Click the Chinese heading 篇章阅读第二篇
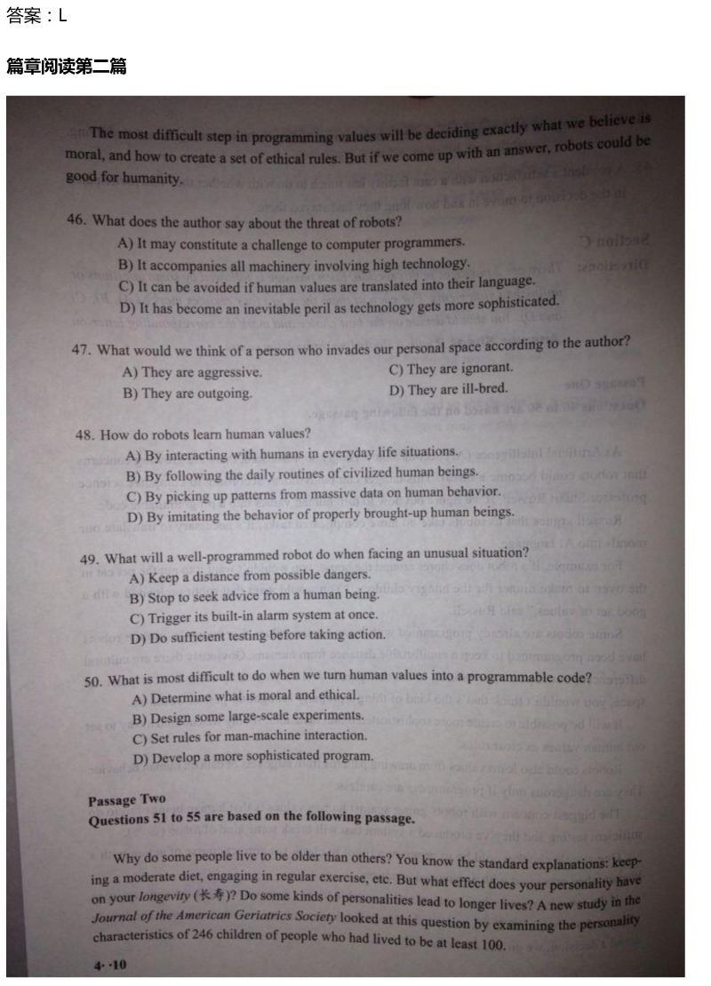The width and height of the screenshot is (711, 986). (x=66, y=67)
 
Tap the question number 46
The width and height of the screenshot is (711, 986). (x=77, y=220)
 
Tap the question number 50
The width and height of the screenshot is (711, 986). (x=93, y=681)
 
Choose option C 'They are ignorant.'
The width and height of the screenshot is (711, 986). (x=451, y=369)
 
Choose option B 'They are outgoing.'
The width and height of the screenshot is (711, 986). (x=188, y=394)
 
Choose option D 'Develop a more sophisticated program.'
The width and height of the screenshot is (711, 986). (x=253, y=758)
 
